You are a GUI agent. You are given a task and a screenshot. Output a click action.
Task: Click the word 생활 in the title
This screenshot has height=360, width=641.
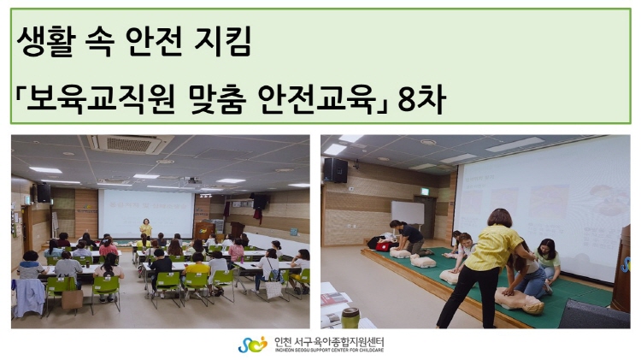(46, 41)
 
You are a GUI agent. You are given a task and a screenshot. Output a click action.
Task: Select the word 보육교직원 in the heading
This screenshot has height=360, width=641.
(101, 99)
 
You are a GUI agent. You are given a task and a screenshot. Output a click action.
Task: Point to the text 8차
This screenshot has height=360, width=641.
(421, 99)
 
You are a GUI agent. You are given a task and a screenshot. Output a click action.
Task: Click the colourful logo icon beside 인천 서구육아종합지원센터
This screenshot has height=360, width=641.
(252, 345)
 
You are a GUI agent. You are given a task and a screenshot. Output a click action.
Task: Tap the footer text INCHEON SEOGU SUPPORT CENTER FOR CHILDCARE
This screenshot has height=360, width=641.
(329, 351)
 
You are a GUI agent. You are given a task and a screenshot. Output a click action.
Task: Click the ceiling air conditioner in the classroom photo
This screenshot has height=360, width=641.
(130, 144)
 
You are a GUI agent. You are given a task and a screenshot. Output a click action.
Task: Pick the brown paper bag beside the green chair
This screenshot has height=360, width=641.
(72, 299)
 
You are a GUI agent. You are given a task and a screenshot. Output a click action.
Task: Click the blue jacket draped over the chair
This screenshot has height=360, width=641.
(29, 297)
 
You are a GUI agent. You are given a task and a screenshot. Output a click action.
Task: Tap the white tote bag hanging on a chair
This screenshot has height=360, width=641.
(273, 290)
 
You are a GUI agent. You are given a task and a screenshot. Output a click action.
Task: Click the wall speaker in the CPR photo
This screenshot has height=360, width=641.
(335, 170)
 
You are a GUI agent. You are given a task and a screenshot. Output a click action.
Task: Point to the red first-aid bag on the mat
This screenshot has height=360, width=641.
(382, 246)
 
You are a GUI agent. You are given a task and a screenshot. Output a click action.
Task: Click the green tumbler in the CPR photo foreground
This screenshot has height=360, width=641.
(350, 318)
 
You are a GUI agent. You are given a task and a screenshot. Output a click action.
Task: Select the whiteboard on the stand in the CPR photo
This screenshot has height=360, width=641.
(408, 212)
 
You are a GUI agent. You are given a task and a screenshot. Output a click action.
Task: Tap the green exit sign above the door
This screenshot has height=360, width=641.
(426, 192)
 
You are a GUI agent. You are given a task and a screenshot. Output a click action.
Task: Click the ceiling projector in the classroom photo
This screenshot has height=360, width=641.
(191, 180)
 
